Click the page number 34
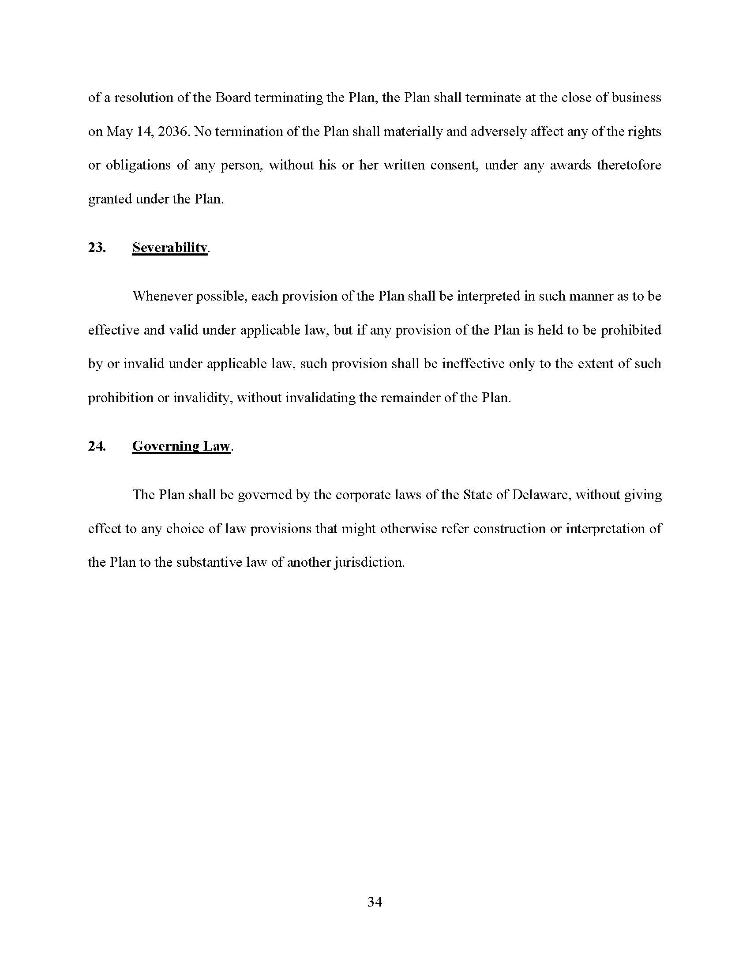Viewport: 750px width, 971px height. pos(375,902)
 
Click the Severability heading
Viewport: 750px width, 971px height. pos(170,248)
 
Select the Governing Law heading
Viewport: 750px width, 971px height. pos(181,446)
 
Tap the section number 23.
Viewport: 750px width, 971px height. pos(97,248)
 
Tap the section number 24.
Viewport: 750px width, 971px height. pos(97,446)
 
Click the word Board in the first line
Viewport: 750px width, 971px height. pos(233,98)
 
